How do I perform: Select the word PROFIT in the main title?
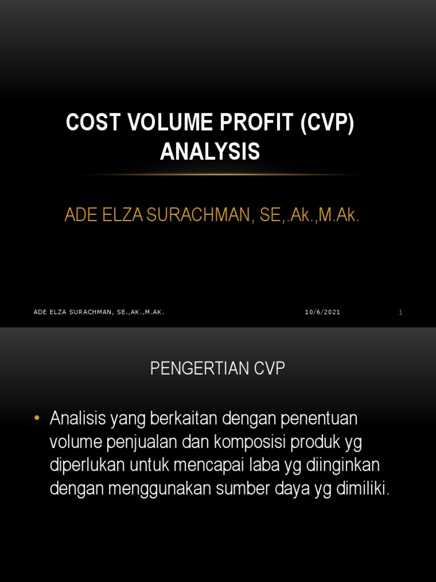pos(243,123)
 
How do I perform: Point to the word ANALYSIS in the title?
pos(210,152)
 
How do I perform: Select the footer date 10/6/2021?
pos(322,312)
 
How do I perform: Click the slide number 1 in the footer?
pos(401,312)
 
